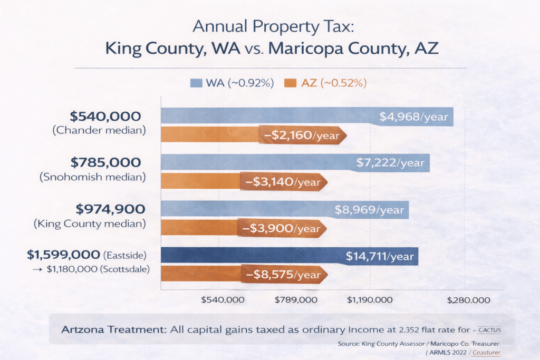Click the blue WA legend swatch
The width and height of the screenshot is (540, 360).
click(x=196, y=83)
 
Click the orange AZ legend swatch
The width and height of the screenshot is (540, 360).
click(x=291, y=83)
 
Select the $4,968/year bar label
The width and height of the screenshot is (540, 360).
click(x=413, y=116)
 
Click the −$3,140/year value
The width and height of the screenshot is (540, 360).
click(x=283, y=182)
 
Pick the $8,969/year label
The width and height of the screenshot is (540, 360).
click(x=369, y=210)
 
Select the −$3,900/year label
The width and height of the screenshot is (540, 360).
click(x=283, y=229)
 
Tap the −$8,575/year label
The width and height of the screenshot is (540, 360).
click(x=283, y=275)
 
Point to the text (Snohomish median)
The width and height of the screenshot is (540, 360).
click(x=93, y=177)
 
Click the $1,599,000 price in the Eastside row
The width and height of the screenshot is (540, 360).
click(x=63, y=255)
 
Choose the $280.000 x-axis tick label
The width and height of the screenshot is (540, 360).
click(x=468, y=300)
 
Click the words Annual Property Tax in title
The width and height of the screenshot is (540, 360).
click(x=269, y=26)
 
